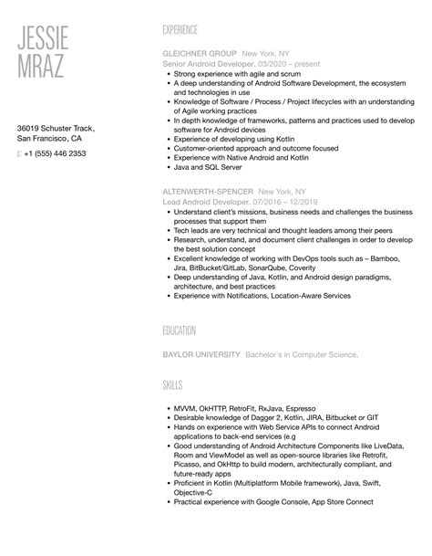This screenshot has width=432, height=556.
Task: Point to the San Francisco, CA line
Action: [52, 142]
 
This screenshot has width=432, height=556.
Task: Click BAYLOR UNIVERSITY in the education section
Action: [201, 354]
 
